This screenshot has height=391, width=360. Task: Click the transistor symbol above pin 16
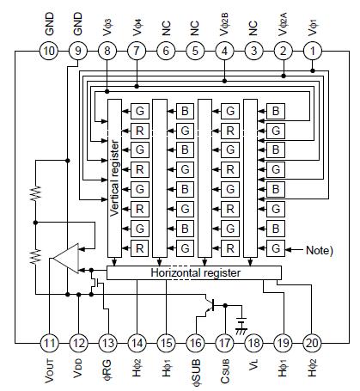click(x=210, y=304)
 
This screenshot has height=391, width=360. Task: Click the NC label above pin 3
click(x=253, y=27)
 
